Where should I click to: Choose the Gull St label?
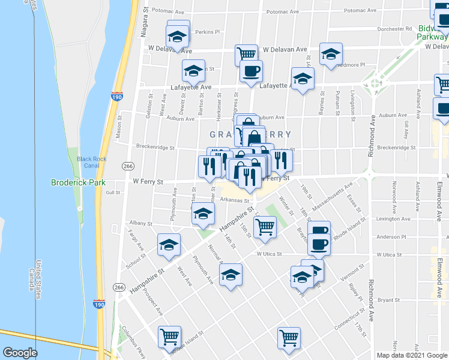(x=113, y=193)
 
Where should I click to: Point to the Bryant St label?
(x=389, y=299)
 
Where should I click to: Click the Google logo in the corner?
(x=20, y=353)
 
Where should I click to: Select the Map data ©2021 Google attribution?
(x=412, y=355)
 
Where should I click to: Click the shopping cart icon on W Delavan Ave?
(x=246, y=53)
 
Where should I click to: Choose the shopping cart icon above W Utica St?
(x=265, y=227)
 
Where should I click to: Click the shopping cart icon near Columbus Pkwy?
(x=170, y=337)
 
